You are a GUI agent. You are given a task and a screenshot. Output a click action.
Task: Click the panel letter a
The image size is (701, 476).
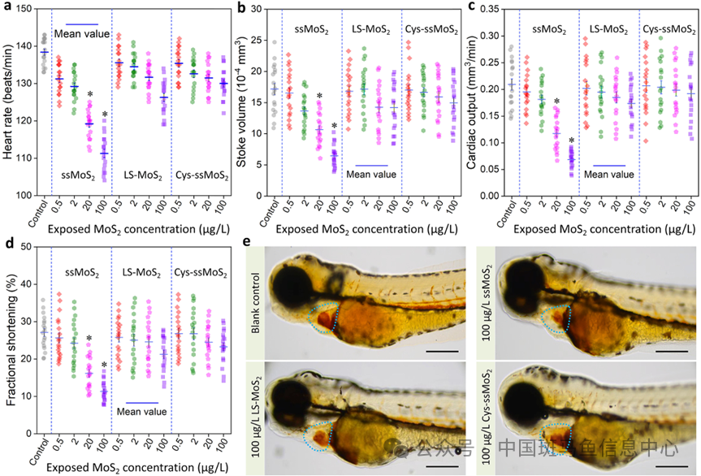click(6, 7)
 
